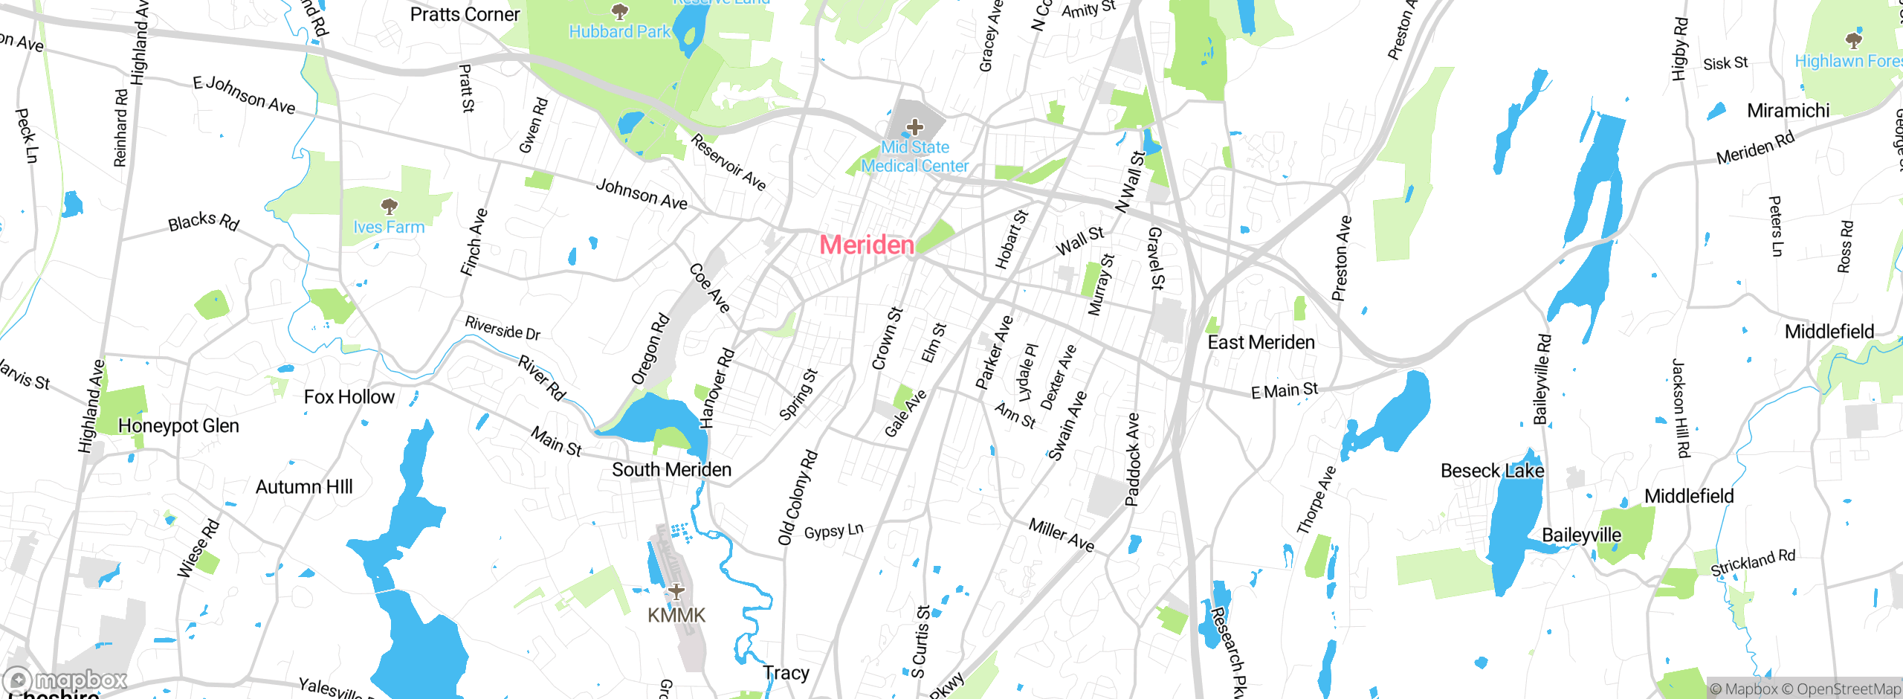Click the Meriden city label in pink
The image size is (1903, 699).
(x=867, y=245)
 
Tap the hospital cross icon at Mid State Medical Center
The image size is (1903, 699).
(x=915, y=127)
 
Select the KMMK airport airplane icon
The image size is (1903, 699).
(x=676, y=592)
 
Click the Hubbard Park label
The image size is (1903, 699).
(x=619, y=32)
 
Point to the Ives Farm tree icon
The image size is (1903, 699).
(x=389, y=206)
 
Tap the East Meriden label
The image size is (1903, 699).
(x=1261, y=342)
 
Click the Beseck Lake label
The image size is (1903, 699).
(x=1492, y=471)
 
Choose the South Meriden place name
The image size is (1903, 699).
(x=671, y=469)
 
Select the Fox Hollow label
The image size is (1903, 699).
(x=349, y=397)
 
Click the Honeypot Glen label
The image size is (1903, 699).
(x=178, y=426)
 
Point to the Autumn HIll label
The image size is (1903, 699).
(x=304, y=487)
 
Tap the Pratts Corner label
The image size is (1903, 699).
(x=465, y=14)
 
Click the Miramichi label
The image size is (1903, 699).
(x=1788, y=111)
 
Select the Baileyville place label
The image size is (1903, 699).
(x=1581, y=535)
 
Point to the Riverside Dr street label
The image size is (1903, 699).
(x=503, y=328)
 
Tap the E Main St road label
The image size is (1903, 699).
(x=1284, y=390)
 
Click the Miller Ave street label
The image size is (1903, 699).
(x=1061, y=535)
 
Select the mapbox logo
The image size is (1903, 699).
(x=65, y=680)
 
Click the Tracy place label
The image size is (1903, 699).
(x=786, y=673)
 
